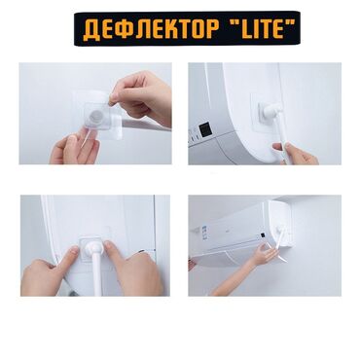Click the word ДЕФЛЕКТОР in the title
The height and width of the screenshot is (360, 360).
151,29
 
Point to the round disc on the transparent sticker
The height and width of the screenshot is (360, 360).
95,116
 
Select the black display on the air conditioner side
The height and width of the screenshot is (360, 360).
205,129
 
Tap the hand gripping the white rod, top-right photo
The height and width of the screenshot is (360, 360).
294,154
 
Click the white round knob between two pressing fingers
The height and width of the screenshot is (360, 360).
94,247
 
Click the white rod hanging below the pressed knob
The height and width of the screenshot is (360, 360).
98,275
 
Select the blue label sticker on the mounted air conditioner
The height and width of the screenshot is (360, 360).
204,232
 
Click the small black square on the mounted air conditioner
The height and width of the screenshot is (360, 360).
262,234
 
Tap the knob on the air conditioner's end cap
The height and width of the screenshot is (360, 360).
279,230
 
